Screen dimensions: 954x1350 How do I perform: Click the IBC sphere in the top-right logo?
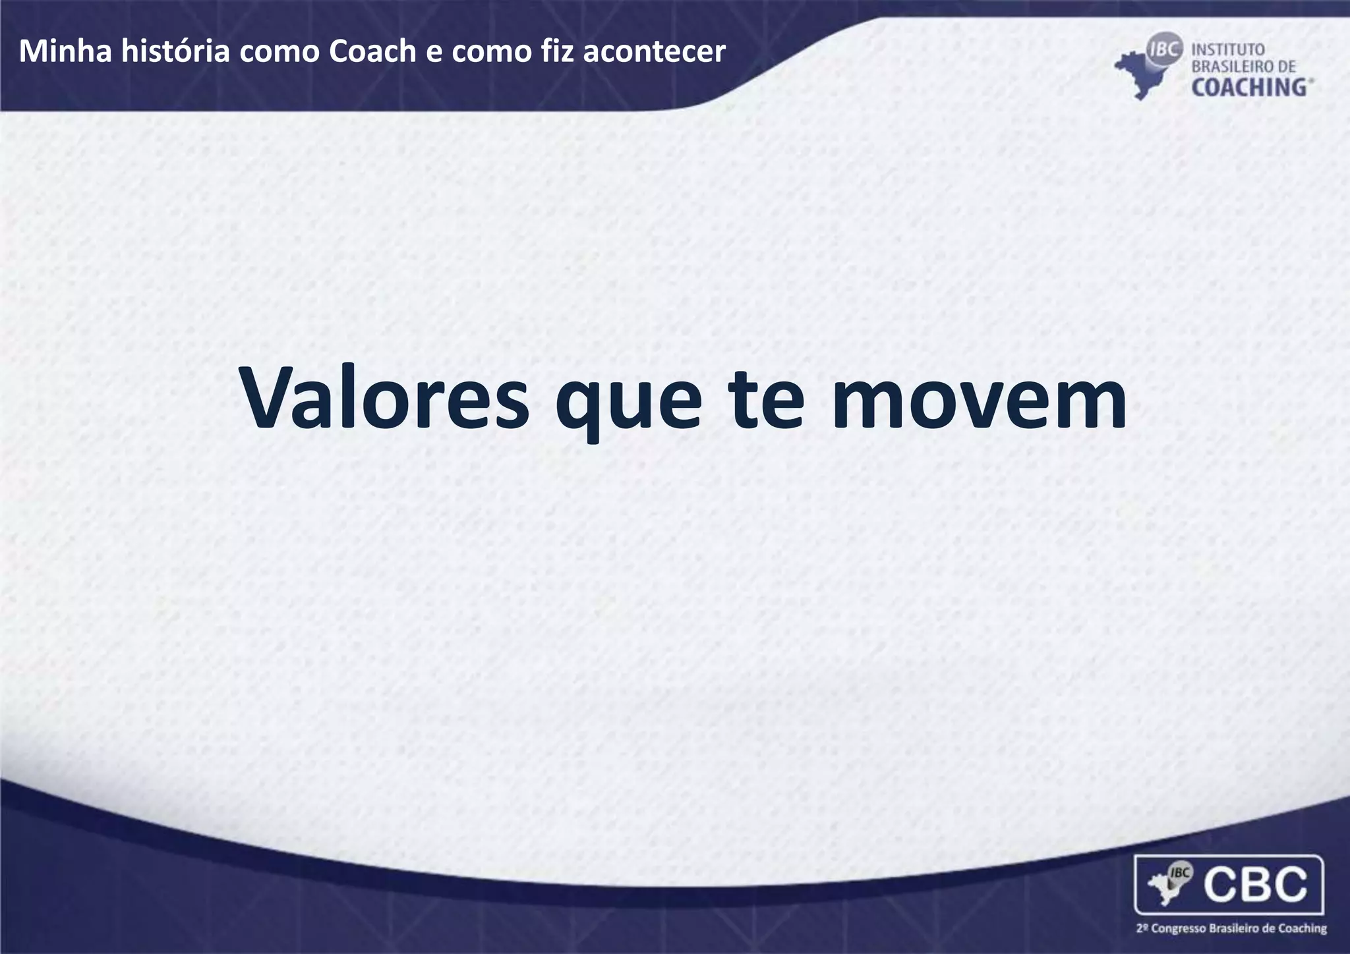(x=1165, y=49)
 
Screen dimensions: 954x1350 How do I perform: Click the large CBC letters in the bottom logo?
(x=1256, y=884)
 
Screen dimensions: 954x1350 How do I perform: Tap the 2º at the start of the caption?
(x=1143, y=929)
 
